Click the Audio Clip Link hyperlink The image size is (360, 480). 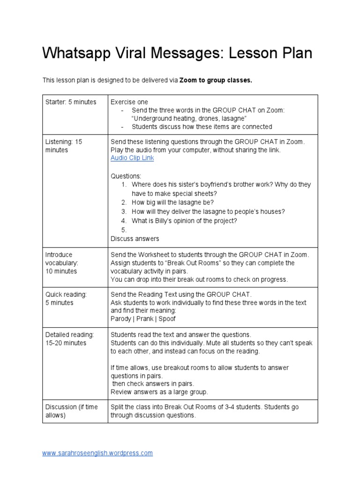click(132, 158)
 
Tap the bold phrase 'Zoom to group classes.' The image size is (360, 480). click(216, 80)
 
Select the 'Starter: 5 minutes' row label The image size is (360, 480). click(71, 102)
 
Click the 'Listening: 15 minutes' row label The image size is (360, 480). click(63, 145)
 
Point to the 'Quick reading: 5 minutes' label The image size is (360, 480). click(66, 298)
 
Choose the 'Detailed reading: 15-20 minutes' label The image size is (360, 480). click(69, 338)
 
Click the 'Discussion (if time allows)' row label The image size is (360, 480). click(71, 411)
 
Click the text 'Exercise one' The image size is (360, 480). click(129, 102)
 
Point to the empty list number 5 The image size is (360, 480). click(124, 230)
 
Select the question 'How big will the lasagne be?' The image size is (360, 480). click(172, 202)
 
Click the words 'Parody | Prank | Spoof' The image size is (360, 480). click(143, 319)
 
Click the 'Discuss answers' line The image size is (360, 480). click(135, 239)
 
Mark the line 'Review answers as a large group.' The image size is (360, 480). click(159, 392)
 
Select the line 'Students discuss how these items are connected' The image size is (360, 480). click(202, 127)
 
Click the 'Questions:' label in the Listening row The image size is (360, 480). click(126, 176)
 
